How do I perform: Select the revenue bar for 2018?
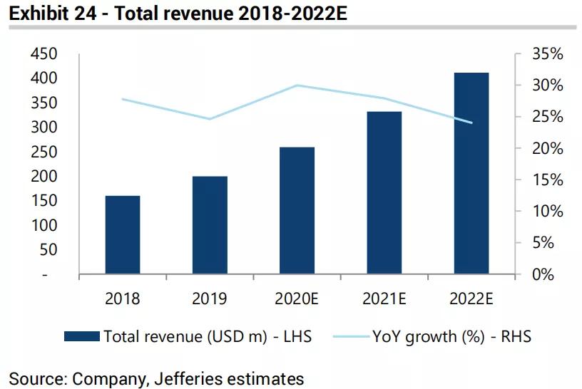pos(123,234)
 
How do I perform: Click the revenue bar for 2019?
pos(210,225)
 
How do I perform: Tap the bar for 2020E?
pos(297,210)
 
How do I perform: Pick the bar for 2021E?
pos(384,192)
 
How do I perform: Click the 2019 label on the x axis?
pos(210,299)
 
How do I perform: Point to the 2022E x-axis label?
pos(471,299)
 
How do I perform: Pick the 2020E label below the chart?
pos(297,299)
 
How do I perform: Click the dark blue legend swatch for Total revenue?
pos(82,336)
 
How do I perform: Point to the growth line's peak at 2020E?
pos(297,85)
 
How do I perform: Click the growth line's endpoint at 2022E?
pos(471,123)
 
